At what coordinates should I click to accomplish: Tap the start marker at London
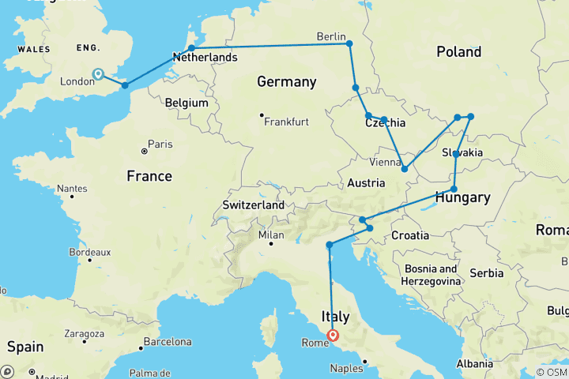click(98, 74)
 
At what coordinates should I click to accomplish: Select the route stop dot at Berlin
click(349, 43)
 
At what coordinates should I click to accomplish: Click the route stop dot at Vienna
click(405, 168)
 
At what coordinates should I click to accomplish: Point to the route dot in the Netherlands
click(191, 48)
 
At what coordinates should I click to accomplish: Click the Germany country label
click(286, 82)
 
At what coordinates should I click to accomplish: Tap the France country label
click(149, 176)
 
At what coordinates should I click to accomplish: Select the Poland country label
click(458, 52)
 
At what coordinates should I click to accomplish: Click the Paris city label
click(161, 144)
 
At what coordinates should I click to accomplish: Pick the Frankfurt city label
click(286, 122)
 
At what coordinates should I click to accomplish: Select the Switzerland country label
click(253, 205)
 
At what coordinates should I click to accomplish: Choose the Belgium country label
click(187, 103)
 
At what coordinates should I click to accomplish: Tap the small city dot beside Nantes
click(72, 195)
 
